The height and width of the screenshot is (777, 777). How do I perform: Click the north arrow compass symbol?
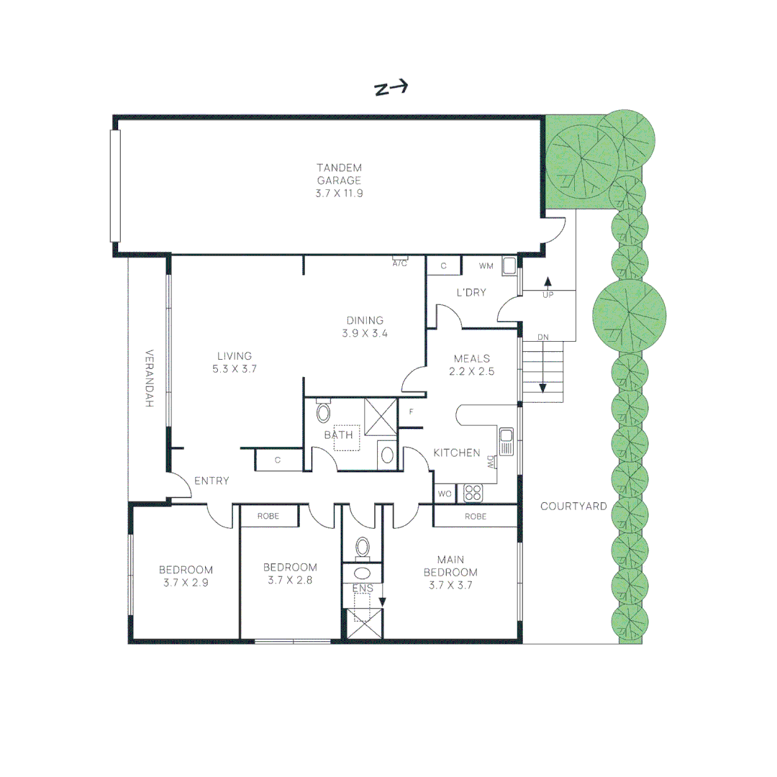coord(391,88)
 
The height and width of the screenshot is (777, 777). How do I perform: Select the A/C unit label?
coord(400,263)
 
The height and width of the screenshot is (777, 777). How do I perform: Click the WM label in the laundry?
coord(486,266)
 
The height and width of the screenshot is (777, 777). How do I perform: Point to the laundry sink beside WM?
coord(509,266)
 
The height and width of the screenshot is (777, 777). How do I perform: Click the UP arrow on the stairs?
coord(547,285)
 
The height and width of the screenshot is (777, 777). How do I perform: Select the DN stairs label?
coord(544,337)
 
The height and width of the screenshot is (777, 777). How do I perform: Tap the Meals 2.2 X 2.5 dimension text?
coord(471,372)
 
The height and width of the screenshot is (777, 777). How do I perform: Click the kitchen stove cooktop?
coord(473,493)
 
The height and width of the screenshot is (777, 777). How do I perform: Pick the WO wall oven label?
coord(444,494)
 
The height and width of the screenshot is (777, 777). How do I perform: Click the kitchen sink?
coord(506,441)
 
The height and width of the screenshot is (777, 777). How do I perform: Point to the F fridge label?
coord(412,412)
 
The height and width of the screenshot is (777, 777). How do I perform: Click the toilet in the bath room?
coord(323,412)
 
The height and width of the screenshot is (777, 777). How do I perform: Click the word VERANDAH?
coord(150,378)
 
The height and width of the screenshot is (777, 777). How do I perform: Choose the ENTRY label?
coord(212,481)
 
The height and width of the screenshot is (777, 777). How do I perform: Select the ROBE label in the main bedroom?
coord(475,517)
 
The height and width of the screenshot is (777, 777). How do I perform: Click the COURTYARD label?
coord(573,506)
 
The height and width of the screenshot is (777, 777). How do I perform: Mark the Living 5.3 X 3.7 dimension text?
coord(235,368)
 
